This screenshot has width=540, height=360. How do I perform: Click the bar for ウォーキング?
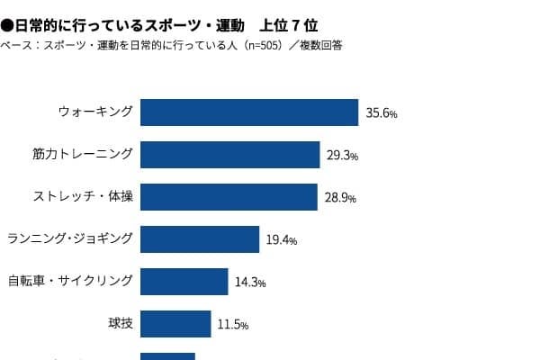click(x=249, y=112)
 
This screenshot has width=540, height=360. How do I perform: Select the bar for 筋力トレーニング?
click(x=230, y=155)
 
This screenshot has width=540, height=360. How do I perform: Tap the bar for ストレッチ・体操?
click(x=229, y=197)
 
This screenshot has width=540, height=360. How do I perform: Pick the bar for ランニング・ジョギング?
click(x=200, y=239)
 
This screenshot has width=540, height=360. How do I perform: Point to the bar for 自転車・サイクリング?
click(x=184, y=282)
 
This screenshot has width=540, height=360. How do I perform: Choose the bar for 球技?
click(x=175, y=324)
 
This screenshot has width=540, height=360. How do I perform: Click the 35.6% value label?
click(x=382, y=114)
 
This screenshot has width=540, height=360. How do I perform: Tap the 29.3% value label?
click(x=343, y=156)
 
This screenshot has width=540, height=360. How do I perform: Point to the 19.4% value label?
click(x=282, y=240)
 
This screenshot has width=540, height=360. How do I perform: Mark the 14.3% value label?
click(x=250, y=283)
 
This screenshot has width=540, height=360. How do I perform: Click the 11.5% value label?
click(x=232, y=325)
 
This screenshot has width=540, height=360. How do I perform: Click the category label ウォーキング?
click(x=95, y=112)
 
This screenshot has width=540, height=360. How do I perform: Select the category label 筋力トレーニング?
click(x=82, y=154)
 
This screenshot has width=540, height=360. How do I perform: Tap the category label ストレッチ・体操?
click(x=83, y=196)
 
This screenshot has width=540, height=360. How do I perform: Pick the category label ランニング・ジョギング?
click(x=70, y=238)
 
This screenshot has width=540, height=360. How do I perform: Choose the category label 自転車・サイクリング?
click(x=70, y=281)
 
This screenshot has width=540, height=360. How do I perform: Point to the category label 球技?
click(x=120, y=323)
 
